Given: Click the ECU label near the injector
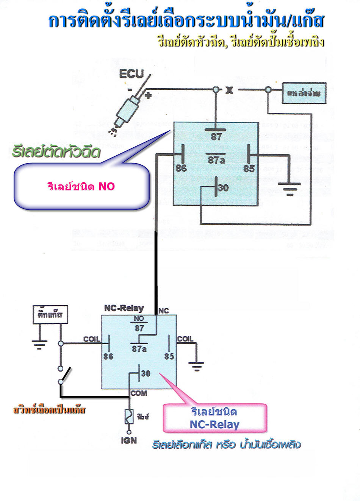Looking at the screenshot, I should click(x=131, y=74).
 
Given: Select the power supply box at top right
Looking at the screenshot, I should click(x=304, y=93).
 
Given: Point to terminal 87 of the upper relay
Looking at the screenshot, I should click(x=216, y=136).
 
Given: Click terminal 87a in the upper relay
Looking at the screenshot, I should click(x=216, y=160).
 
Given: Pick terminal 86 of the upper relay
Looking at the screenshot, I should click(x=181, y=168).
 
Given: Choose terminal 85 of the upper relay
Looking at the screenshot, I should click(x=249, y=168).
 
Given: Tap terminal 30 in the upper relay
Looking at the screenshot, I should click(x=223, y=187).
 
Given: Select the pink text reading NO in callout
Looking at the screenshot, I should click(x=106, y=186).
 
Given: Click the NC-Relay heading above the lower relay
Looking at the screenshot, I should click(x=124, y=308).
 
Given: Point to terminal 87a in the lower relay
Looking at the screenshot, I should click(x=139, y=349).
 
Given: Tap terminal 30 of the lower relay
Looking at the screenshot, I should click(x=146, y=373).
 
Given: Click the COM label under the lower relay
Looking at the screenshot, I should click(x=139, y=393).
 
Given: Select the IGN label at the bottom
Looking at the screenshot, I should click(x=129, y=441).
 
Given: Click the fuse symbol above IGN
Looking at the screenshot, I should click(x=129, y=417).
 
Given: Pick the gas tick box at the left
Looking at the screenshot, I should click(x=50, y=314).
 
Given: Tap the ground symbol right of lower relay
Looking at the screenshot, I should click(x=196, y=366).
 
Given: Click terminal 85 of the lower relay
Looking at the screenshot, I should click(x=169, y=356).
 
